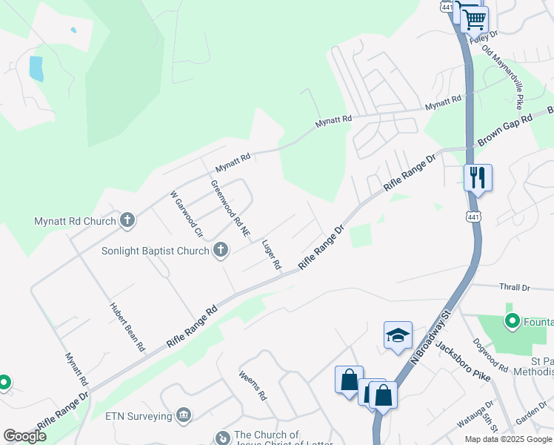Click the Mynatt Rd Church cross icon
click(x=127, y=220)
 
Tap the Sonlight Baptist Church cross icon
click(x=220, y=251)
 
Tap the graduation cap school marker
click(x=398, y=335)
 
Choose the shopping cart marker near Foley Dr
click(x=474, y=18)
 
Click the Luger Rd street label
click(x=272, y=254)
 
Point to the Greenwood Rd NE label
click(x=230, y=208)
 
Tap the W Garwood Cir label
click(x=187, y=214)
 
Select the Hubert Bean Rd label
click(x=127, y=327)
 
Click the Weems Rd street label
click(x=253, y=386)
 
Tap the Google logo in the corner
click(x=25, y=436)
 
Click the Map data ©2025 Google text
click(x=507, y=439)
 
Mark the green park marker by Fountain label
click(x=511, y=322)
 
